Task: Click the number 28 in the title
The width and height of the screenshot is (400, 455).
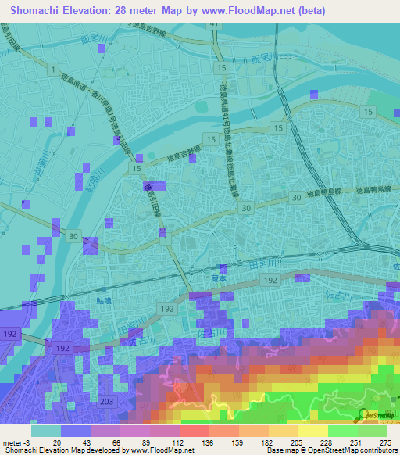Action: [137, 11]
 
